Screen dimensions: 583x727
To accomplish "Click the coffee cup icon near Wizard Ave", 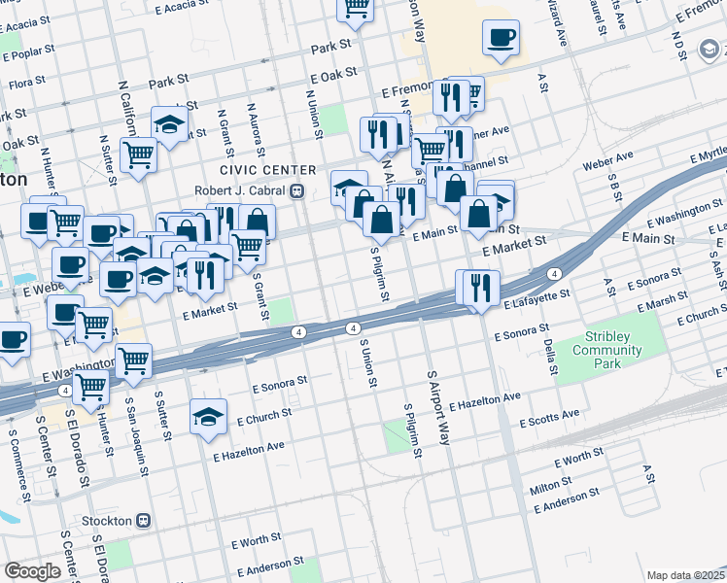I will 502,38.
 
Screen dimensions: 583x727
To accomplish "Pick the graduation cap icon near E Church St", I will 208,418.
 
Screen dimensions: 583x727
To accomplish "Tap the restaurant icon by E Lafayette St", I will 477,288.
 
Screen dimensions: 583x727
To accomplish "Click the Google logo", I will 32,571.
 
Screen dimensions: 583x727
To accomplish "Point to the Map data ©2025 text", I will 685,575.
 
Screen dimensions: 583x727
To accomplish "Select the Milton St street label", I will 551,485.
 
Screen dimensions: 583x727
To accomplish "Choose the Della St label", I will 550,357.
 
